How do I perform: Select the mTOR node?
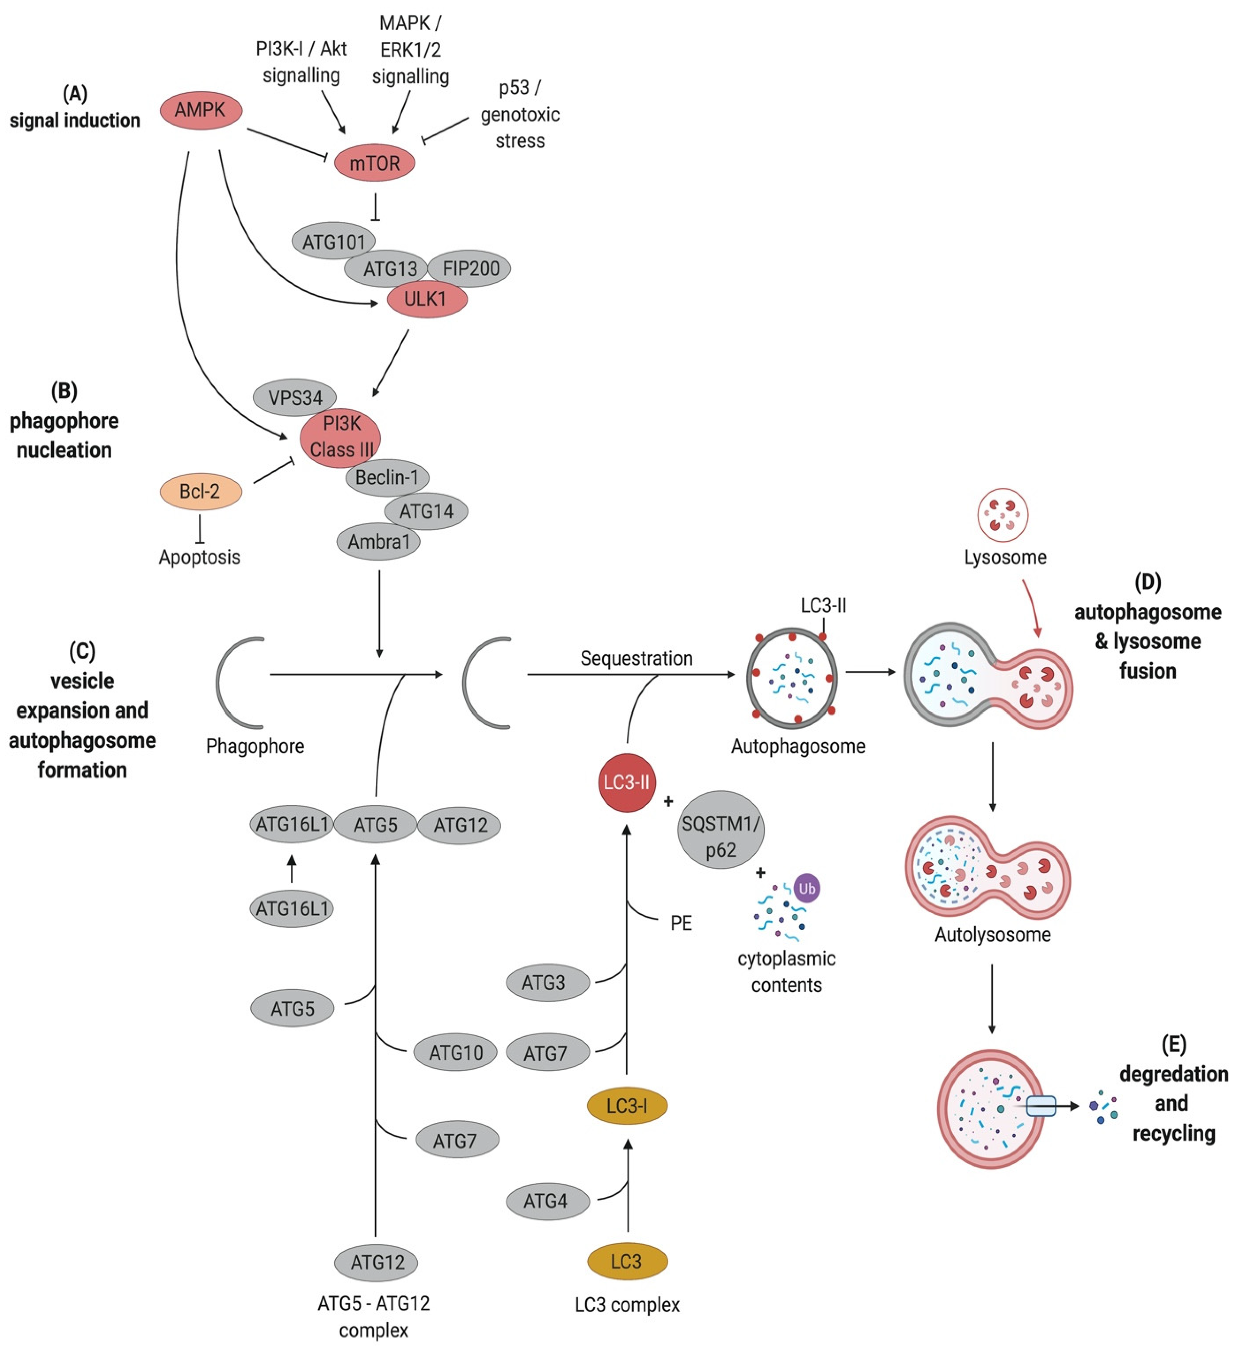(374, 163)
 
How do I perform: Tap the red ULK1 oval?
(426, 299)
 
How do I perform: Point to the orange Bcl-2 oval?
(200, 491)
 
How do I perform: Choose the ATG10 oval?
(455, 1053)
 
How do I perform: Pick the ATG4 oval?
(546, 1201)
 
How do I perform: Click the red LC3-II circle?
(626, 782)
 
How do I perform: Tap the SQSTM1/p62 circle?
(721, 830)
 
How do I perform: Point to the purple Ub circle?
(807, 888)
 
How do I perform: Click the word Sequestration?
(636, 659)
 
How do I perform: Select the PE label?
(681, 924)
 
